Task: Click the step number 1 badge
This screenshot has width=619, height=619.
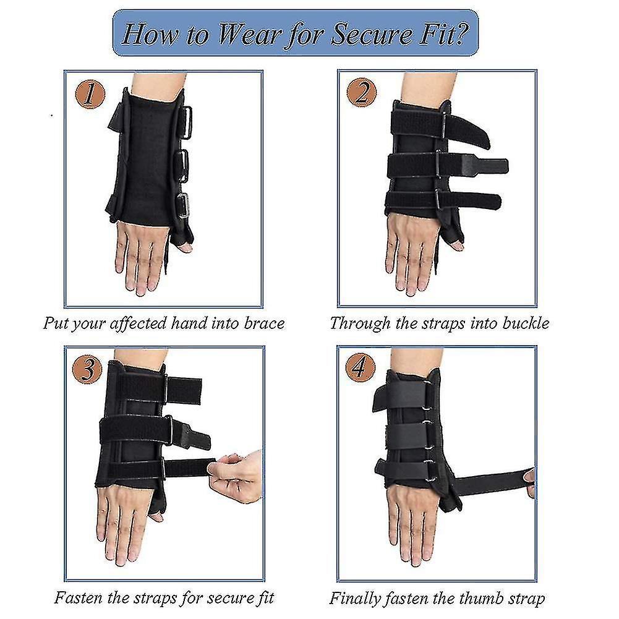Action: pos(90,95)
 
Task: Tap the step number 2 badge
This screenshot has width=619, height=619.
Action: pos(362,95)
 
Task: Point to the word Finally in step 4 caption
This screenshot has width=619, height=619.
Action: pos(354,598)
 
